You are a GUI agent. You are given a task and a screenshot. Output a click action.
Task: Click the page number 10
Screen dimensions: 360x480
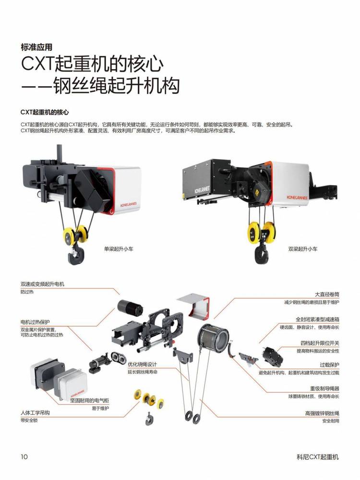tap(24, 457)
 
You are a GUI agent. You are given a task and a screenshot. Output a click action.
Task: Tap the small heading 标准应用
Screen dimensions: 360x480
tap(36, 47)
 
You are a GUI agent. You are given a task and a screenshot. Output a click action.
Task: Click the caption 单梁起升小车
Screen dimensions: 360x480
tap(119, 249)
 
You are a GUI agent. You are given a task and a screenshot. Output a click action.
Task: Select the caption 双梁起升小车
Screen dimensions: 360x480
tap(303, 249)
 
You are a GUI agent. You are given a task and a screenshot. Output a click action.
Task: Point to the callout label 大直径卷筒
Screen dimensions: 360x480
tap(327, 294)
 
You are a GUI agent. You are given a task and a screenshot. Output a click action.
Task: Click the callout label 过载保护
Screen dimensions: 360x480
tap(329, 365)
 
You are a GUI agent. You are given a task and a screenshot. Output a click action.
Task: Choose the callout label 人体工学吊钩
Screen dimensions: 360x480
tap(35, 413)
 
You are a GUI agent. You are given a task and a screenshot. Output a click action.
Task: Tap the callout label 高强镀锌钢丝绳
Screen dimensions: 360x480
tap(322, 413)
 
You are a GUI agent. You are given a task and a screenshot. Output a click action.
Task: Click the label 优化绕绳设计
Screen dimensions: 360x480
tap(143, 364)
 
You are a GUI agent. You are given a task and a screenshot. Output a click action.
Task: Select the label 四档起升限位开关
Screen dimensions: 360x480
tap(320, 343)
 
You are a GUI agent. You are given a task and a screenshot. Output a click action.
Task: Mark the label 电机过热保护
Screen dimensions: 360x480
tap(35, 322)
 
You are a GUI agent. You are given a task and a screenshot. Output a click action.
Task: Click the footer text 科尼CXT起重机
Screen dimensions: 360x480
tap(318, 457)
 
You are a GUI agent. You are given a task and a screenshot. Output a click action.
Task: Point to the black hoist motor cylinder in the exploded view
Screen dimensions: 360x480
tap(130, 307)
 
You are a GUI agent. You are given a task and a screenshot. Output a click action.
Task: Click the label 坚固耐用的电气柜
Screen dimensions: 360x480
tap(89, 400)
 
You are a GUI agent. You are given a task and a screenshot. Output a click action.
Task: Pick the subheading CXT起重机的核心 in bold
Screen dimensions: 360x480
tap(45, 112)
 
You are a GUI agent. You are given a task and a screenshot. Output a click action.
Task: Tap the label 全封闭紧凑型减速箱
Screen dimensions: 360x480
tap(317, 319)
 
